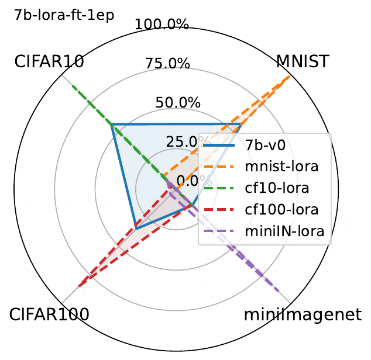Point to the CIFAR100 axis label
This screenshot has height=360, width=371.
click(49, 314)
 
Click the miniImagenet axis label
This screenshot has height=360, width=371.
click(303, 314)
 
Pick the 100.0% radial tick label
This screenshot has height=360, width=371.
click(162, 25)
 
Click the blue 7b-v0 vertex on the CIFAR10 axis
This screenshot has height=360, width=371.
click(112, 124)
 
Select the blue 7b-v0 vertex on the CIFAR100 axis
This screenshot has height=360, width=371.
click(135, 226)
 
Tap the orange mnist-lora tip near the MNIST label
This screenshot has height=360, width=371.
click(289, 77)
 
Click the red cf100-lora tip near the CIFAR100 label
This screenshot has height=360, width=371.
click(78, 286)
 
